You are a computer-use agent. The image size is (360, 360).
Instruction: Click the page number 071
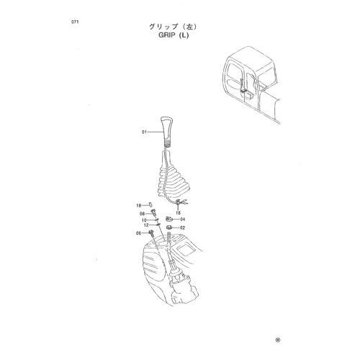pyautogui.click(x=75, y=22)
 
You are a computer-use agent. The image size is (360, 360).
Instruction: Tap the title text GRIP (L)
pyautogui.click(x=174, y=35)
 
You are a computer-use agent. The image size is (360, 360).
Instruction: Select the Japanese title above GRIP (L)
pyautogui.click(x=173, y=27)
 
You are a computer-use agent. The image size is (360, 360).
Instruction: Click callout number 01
pyautogui.click(x=144, y=132)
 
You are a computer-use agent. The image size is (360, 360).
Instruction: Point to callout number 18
pyautogui.click(x=139, y=205)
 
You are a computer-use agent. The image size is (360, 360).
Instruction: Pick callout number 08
pyautogui.click(x=142, y=214)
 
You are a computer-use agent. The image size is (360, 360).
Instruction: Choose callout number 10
pyautogui.click(x=144, y=220)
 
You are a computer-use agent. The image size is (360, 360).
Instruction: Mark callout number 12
pyautogui.click(x=146, y=225)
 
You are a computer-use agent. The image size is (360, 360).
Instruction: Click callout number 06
pyautogui.click(x=138, y=233)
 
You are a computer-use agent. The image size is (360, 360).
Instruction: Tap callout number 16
pyautogui.click(x=178, y=213)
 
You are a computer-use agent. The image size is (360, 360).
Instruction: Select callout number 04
pyautogui.click(x=183, y=219)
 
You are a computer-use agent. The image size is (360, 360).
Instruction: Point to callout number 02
pyautogui.click(x=183, y=228)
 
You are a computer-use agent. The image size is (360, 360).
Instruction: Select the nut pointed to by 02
pyautogui.click(x=169, y=228)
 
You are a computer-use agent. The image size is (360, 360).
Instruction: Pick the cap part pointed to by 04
pyautogui.click(x=169, y=219)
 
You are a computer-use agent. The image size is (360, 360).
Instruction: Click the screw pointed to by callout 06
pyautogui.click(x=151, y=233)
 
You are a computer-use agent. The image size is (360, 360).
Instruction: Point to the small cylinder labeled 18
pyautogui.click(x=150, y=204)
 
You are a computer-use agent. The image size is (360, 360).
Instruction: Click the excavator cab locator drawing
pyautogui.click(x=251, y=85)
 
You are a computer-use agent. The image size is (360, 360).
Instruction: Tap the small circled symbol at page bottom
pyautogui.click(x=278, y=340)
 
